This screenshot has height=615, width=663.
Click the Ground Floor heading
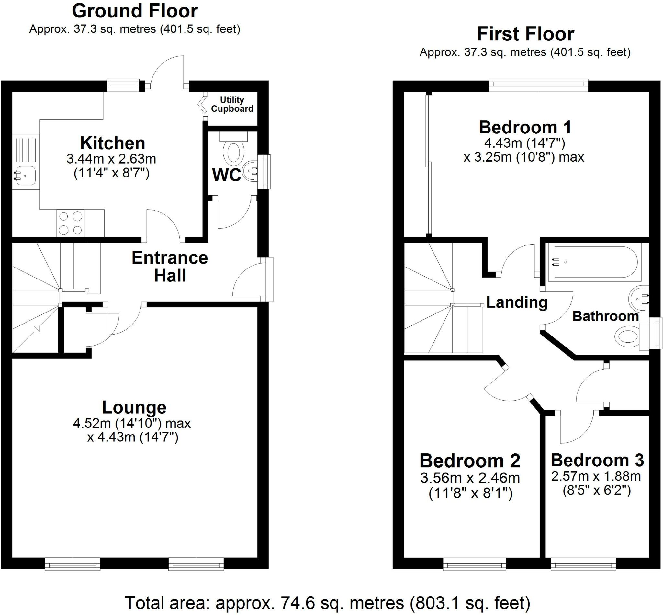point(135,11)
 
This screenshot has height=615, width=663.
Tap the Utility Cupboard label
point(232,104)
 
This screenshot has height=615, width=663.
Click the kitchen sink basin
point(24,175)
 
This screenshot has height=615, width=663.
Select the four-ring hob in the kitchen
point(71,223)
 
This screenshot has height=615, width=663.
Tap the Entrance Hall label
point(170,267)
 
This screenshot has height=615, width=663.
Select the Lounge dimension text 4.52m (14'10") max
point(132,423)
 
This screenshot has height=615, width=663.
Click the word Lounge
point(134,407)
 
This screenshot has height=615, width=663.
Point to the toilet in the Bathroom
point(627,336)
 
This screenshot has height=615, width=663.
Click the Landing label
point(517,302)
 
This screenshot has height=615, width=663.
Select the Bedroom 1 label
point(525,127)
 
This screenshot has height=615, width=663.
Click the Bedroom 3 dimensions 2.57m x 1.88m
point(596,476)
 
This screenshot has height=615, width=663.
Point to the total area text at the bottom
point(327,603)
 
